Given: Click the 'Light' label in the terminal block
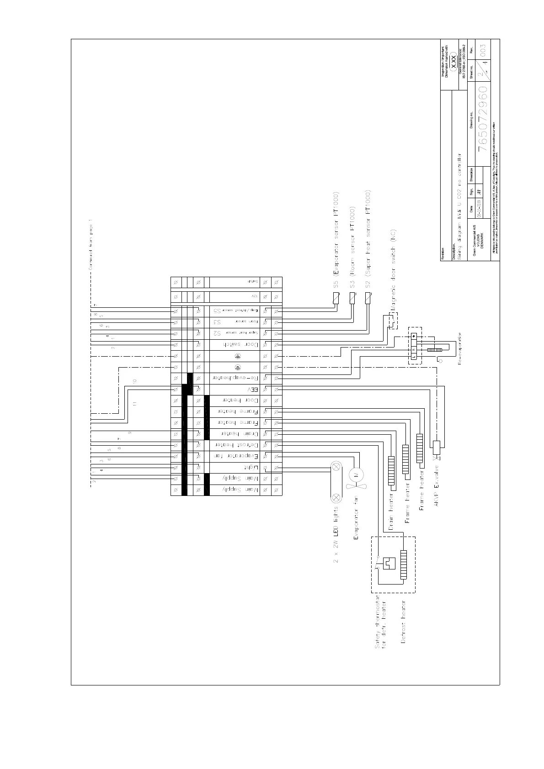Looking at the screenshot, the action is (251, 468).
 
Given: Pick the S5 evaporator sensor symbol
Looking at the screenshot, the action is (336, 299).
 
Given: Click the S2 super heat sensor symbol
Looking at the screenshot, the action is (367, 299).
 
